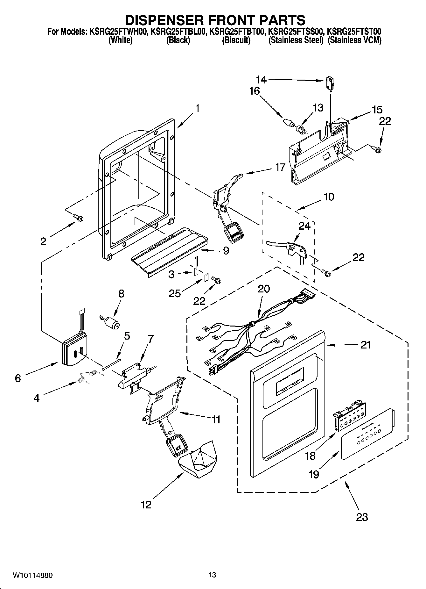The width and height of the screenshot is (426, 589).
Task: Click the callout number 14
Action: pos(262,79)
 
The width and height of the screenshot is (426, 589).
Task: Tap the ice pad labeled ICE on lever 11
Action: pos(176,446)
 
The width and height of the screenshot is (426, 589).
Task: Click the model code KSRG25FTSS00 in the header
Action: pos(296,32)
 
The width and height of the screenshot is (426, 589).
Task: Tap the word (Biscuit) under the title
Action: pos(236,40)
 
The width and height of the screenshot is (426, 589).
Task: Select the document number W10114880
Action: pos(33,575)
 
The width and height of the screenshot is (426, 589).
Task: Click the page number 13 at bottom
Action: pos(212,575)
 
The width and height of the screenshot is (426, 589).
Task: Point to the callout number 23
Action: pos(362,516)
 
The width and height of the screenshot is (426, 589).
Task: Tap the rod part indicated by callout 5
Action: pos(112,364)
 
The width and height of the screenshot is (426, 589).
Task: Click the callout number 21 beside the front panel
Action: pos(366,345)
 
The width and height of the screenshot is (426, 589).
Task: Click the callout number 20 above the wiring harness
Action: pos(263,289)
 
